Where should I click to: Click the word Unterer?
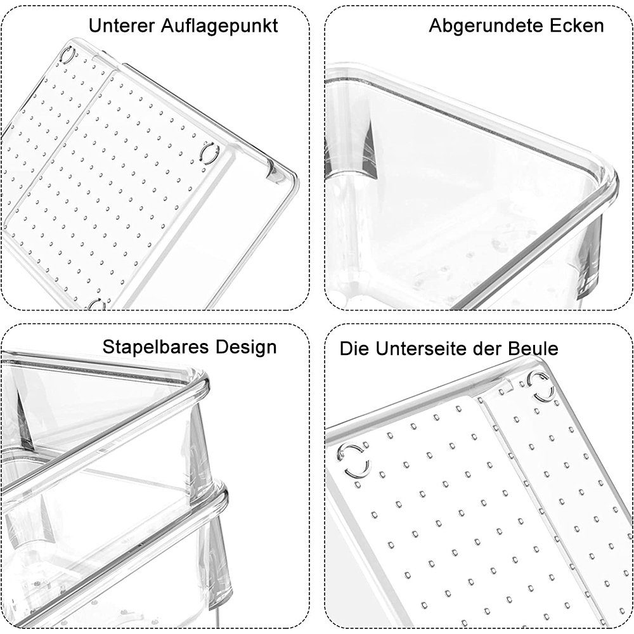point(121,25)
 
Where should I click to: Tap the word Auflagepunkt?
point(219,27)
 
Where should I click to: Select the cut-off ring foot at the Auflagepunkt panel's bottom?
point(97,305)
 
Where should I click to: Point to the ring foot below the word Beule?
point(542,386)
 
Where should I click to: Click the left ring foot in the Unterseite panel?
point(354,460)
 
